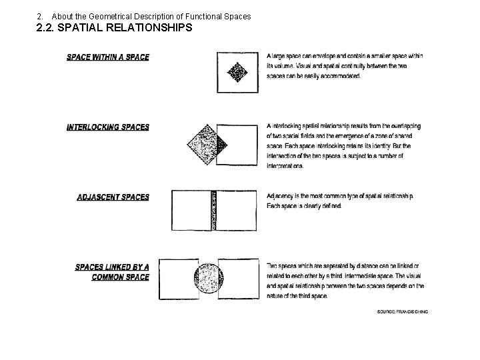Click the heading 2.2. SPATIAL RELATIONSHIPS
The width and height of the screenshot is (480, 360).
(114, 28)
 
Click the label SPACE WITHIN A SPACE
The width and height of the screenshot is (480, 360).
(107, 57)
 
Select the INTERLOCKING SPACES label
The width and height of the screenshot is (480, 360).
(107, 127)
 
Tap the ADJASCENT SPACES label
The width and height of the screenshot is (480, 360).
(113, 197)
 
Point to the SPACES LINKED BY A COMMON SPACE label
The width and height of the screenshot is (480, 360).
(112, 272)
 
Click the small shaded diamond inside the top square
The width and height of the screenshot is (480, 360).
(237, 71)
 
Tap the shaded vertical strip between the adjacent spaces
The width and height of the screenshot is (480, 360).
(214, 211)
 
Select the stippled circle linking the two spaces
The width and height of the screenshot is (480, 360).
(209, 279)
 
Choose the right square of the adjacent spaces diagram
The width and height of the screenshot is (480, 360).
(237, 211)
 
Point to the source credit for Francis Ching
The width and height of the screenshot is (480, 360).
(402, 311)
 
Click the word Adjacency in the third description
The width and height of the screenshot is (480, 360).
(281, 197)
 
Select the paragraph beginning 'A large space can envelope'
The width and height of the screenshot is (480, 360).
(345, 66)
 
